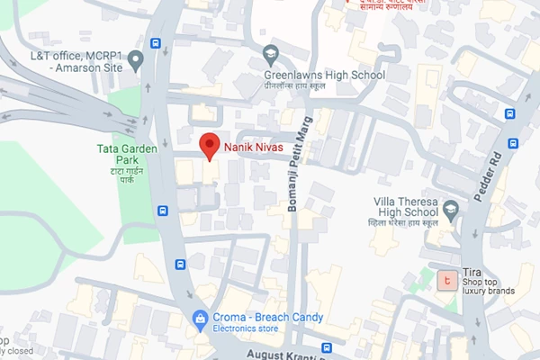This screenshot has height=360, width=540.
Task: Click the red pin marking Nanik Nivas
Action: (209, 145)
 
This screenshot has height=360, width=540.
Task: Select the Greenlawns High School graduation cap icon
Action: (271, 53)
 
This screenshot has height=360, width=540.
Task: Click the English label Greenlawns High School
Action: (324, 75)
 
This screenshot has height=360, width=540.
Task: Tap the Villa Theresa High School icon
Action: (452, 209)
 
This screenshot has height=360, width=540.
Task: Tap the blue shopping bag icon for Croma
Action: (200, 318)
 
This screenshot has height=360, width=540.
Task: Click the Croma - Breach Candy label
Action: (268, 317)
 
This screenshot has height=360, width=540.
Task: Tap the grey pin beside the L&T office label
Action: (136, 60)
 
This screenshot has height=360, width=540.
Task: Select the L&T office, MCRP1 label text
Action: (76, 56)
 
